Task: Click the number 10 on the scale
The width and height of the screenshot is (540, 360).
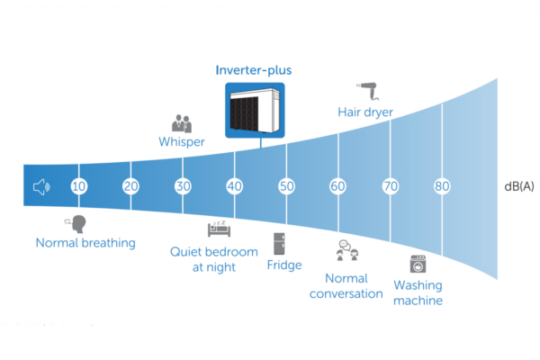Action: pyautogui.click(x=79, y=186)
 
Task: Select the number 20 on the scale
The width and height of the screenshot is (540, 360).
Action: pyautogui.click(x=131, y=186)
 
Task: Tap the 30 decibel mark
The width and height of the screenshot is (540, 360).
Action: pyautogui.click(x=183, y=186)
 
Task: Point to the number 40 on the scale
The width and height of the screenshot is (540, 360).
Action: pyautogui.click(x=235, y=186)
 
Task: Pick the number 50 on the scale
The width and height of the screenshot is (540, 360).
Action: pyautogui.click(x=286, y=186)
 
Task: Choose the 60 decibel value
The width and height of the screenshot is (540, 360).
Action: pyautogui.click(x=338, y=186)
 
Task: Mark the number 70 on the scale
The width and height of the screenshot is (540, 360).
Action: pyautogui.click(x=391, y=186)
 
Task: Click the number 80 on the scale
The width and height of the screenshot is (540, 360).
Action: pyautogui.click(x=442, y=186)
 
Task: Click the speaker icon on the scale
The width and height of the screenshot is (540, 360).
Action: pyautogui.click(x=40, y=187)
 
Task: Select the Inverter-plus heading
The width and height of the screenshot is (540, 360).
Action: pyautogui.click(x=254, y=69)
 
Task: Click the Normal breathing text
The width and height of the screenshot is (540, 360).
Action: pyautogui.click(x=85, y=242)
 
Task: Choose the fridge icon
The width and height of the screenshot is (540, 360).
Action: pyautogui.click(x=280, y=243)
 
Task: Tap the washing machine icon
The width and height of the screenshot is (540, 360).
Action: pyautogui.click(x=418, y=264)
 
